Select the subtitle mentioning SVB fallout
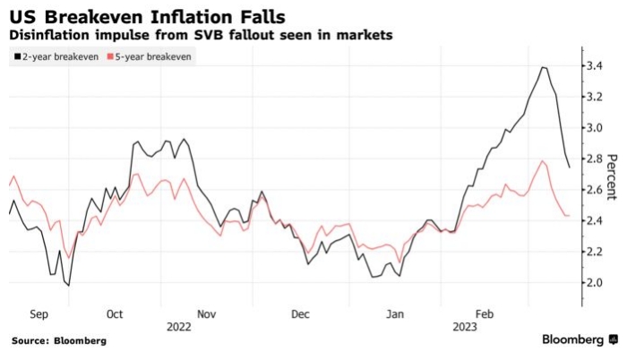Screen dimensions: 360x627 coord(202,35)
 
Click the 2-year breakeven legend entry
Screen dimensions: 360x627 coord(56,56)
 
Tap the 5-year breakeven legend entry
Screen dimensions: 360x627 coord(149,56)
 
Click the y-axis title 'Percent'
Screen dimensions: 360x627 coord(613,176)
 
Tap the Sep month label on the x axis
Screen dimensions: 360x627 coord(39,315)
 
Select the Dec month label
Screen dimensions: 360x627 coord(300,315)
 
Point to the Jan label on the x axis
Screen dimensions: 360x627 coord(394,315)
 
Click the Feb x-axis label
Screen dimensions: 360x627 coord(485,315)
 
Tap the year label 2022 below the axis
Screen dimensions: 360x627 coord(179,327)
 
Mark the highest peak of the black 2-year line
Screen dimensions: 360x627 coord(544,67)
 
